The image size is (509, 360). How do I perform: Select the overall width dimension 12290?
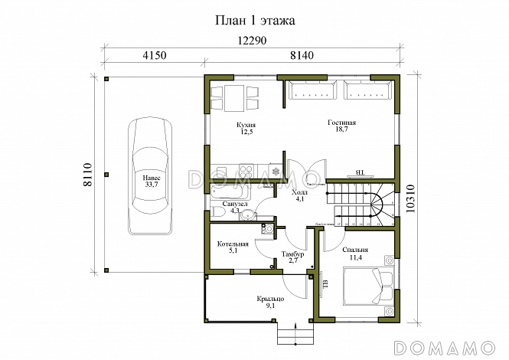pyautogui.click(x=253, y=41)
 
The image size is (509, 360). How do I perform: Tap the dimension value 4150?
pyautogui.click(x=154, y=56)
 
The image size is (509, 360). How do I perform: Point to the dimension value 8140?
pyautogui.click(x=304, y=56)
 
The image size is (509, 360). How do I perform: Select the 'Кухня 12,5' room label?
pyautogui.click(x=245, y=128)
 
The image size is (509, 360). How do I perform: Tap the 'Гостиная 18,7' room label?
pyautogui.click(x=341, y=128)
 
